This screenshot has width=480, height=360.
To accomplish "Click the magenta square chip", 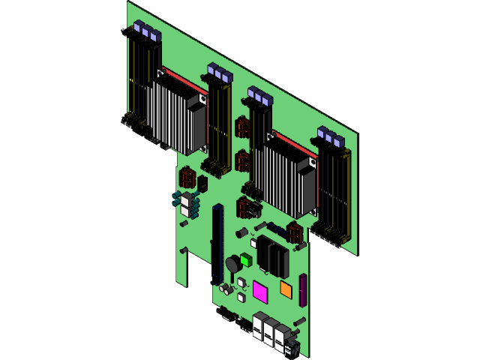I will [260, 291].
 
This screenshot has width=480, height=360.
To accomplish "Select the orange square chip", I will [286, 289].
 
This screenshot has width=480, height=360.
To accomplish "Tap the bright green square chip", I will [245, 259].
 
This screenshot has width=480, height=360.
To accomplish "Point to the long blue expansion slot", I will [217, 240].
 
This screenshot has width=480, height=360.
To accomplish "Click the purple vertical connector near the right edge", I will [303, 291].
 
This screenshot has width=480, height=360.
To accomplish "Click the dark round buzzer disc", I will [233, 264].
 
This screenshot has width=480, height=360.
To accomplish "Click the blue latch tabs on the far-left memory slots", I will [147, 32].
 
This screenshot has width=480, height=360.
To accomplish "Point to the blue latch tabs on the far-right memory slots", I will [330, 137].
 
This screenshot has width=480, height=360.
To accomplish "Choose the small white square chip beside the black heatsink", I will [253, 243].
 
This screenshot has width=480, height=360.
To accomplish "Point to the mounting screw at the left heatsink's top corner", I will [160, 73].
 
